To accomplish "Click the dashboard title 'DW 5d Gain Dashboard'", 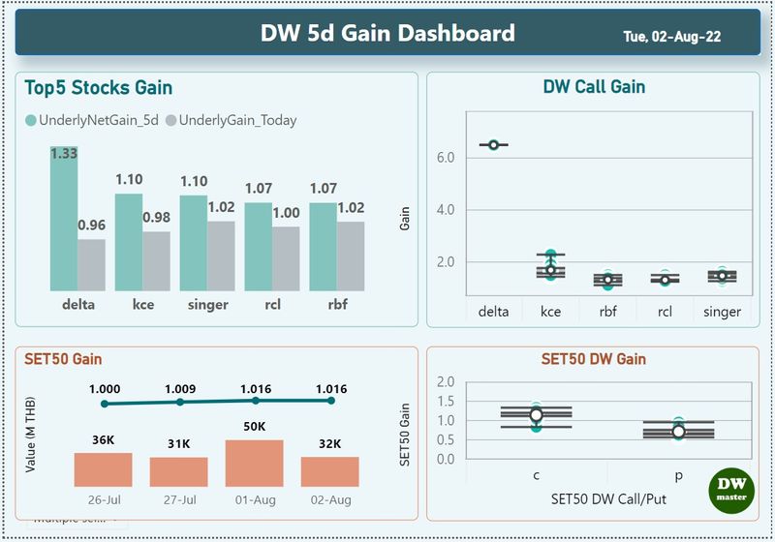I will (x=387, y=34).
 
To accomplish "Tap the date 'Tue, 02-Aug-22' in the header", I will (x=671, y=37).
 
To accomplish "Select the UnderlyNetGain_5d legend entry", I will (x=93, y=121).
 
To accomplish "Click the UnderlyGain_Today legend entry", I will (x=232, y=121).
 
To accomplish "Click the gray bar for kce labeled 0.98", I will (x=156, y=261).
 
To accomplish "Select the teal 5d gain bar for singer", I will (x=193, y=243).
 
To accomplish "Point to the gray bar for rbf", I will (x=351, y=256).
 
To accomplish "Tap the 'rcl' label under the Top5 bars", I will (x=258, y=304).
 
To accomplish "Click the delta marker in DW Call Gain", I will (x=493, y=145).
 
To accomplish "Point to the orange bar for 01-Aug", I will (x=254, y=464).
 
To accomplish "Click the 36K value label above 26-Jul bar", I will (x=104, y=440).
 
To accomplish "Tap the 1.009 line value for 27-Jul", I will (x=180, y=389).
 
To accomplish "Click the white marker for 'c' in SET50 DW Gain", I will (x=536, y=414).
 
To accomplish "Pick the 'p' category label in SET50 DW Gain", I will (x=678, y=475).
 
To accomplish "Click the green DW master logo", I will (x=732, y=489).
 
